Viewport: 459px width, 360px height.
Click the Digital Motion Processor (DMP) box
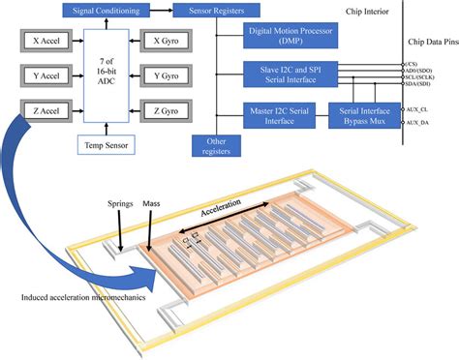(x=290, y=37)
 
